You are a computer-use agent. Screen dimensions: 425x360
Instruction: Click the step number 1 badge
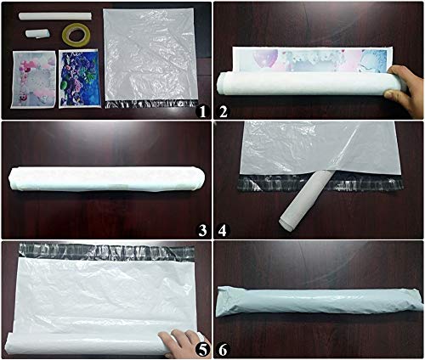[x=202, y=112]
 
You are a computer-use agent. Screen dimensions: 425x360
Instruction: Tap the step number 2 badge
[x=223, y=112]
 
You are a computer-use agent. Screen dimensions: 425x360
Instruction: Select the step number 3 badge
[x=202, y=231]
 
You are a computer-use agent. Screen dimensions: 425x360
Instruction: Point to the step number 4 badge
[x=223, y=231]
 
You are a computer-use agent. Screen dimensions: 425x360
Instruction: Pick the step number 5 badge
[x=202, y=350]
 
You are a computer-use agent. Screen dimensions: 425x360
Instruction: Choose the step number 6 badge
[x=223, y=350]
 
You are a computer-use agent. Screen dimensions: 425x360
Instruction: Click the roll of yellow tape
[x=76, y=35]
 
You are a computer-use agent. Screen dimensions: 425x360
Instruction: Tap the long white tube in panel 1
[x=55, y=16]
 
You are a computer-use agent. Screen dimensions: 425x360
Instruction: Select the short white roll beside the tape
[x=37, y=33]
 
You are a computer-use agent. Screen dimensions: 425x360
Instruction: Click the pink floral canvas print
[x=33, y=80]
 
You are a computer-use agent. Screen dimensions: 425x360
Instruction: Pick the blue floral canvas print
[x=80, y=79]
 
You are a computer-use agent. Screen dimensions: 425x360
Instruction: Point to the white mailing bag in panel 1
[x=150, y=58]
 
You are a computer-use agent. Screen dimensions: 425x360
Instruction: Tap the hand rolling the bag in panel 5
[x=182, y=344]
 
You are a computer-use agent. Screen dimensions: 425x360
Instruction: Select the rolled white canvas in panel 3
[x=106, y=179]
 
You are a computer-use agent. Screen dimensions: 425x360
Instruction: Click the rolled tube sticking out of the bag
[x=305, y=200]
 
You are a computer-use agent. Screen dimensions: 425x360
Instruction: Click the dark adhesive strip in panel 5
[x=106, y=251]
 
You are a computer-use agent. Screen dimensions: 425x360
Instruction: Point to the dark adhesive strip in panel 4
[x=320, y=183]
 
